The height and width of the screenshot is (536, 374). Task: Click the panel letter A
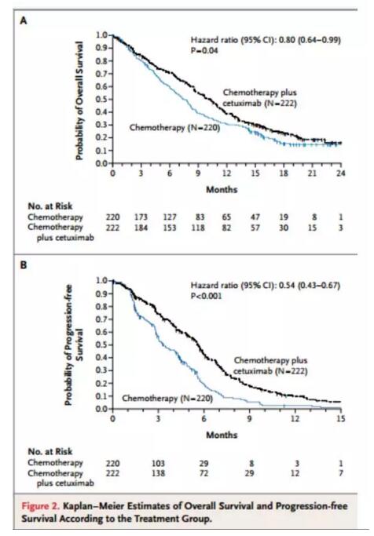[24, 21]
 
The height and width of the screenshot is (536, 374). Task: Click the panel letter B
[24, 265]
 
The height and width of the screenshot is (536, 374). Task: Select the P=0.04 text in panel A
[204, 50]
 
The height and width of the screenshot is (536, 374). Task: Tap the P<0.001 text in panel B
[206, 296]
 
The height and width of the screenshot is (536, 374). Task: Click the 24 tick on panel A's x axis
[340, 173]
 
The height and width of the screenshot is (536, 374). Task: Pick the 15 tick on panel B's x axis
[341, 418]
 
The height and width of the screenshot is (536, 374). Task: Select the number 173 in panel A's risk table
[141, 217]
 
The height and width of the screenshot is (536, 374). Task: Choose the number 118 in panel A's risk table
[198, 228]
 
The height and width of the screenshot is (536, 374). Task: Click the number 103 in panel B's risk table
[158, 463]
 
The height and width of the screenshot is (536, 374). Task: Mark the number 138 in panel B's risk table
[158, 473]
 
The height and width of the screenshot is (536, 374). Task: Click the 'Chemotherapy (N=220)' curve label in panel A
[174, 128]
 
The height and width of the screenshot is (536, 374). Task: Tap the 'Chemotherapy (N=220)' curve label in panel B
[167, 399]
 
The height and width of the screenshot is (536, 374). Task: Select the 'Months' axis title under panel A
[222, 189]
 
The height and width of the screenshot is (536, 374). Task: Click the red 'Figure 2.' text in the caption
[40, 506]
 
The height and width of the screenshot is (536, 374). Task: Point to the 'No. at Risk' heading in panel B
[50, 451]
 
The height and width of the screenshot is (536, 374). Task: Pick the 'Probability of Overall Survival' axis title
[79, 100]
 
